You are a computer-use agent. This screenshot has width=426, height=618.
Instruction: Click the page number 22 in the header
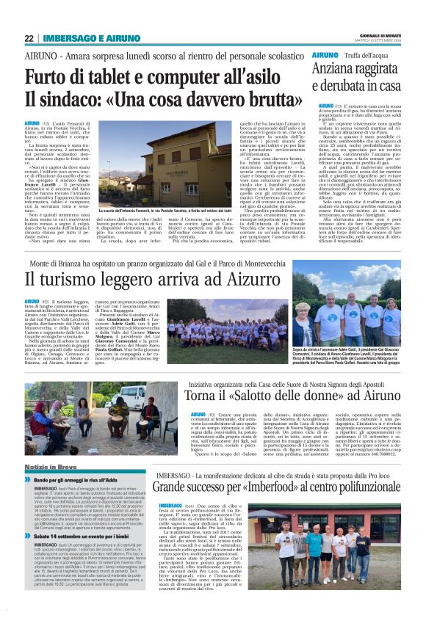point(29,38)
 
